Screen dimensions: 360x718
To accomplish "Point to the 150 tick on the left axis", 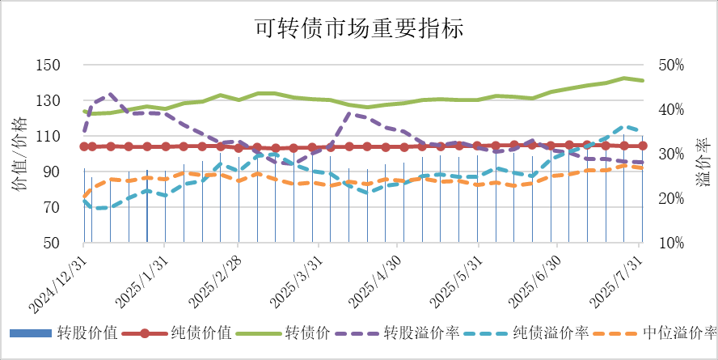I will pos(51,66).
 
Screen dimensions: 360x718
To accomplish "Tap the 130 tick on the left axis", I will pos(51,101).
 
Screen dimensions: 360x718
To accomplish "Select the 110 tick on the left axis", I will pos(51,137).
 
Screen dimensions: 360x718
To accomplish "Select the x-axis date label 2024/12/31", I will pos(57,279).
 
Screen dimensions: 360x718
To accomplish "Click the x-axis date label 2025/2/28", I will pos(214,279).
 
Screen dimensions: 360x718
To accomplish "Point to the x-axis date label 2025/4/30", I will pos(373,279).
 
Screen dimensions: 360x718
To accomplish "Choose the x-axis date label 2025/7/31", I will pos(616,279).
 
